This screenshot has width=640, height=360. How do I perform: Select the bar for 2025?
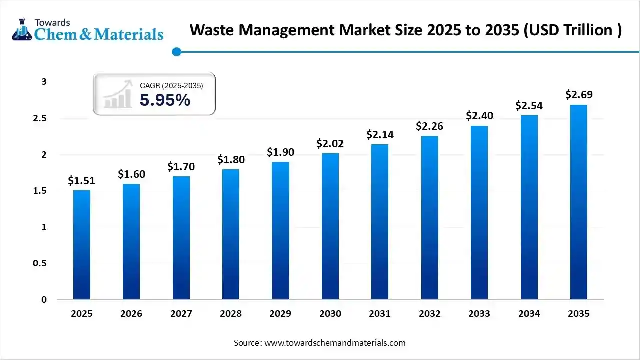click(x=82, y=245)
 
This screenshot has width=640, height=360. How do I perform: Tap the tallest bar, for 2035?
click(x=579, y=202)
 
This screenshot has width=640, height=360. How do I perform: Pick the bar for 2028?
click(x=231, y=234)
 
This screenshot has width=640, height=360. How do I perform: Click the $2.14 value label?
click(x=380, y=134)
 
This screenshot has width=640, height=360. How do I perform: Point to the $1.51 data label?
click(x=82, y=180)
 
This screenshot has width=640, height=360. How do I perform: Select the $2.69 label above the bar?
click(x=579, y=94)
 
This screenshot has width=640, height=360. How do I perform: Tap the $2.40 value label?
click(x=479, y=116)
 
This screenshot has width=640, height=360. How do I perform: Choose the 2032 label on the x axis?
click(x=430, y=314)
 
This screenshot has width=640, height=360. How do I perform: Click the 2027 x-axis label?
click(x=181, y=314)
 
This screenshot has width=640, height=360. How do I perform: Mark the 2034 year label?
click(x=529, y=314)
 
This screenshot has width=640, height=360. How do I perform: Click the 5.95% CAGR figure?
click(x=165, y=100)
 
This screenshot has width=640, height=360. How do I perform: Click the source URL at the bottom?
click(x=334, y=343)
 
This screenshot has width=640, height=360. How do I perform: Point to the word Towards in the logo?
click(x=52, y=22)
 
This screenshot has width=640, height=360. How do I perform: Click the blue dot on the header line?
click(x=176, y=51)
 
